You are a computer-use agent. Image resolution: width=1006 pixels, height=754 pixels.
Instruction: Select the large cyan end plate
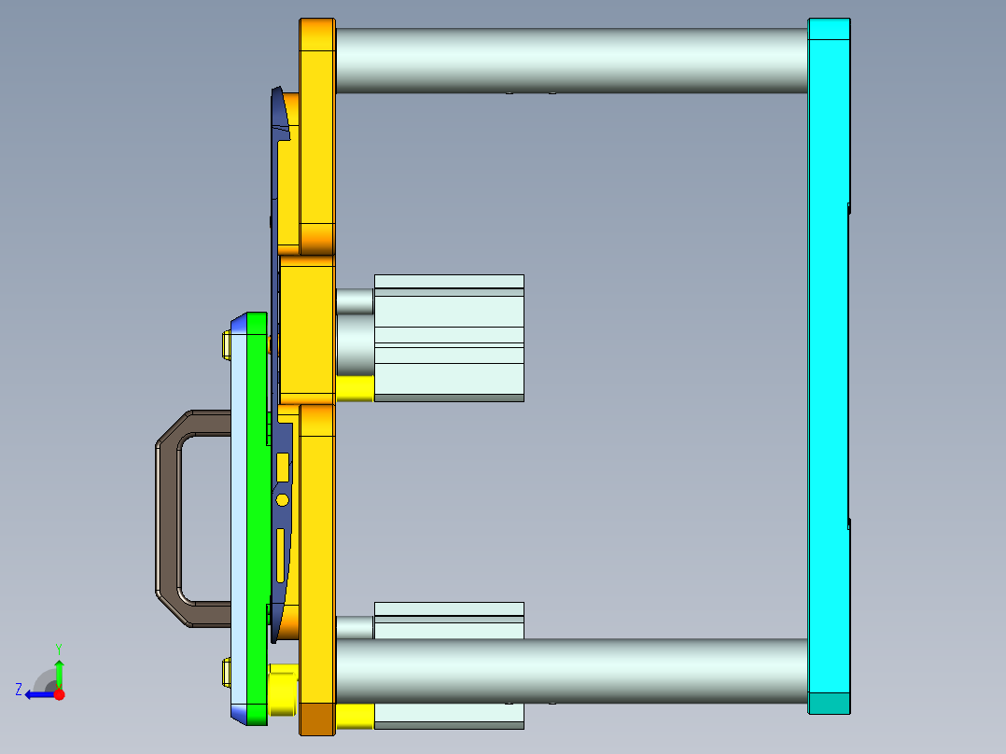(829, 364)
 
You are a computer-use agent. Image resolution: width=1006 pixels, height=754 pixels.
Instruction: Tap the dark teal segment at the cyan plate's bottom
(829, 704)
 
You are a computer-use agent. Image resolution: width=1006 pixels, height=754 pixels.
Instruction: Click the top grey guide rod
(569, 60)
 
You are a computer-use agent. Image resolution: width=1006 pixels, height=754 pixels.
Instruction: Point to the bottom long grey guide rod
(569, 670)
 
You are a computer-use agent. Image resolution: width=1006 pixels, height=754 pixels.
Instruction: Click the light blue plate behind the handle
(239, 518)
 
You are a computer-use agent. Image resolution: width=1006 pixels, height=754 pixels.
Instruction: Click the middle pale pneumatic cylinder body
(448, 336)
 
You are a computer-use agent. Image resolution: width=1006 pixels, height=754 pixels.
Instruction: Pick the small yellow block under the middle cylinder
(354, 388)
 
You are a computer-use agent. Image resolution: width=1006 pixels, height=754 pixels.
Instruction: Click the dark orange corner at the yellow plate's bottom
(316, 719)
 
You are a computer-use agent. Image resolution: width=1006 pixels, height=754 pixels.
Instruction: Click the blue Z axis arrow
(37, 694)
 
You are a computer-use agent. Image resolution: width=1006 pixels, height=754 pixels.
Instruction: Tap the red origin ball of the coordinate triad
(59, 694)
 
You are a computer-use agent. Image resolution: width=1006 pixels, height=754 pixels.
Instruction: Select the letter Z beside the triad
(19, 690)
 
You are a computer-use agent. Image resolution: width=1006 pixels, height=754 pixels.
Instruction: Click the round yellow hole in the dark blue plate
(282, 500)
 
